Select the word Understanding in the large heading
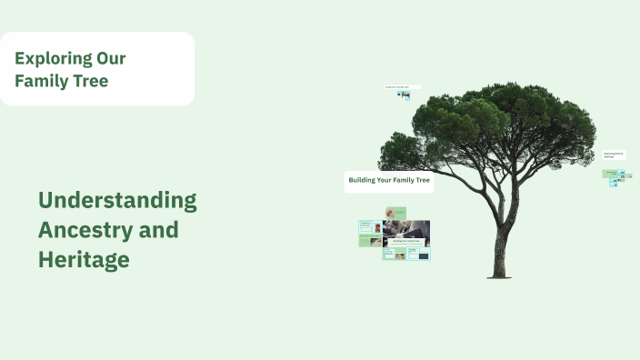click(117, 200)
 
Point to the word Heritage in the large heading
click(84, 260)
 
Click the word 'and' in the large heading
click(159, 230)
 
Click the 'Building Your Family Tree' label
click(389, 181)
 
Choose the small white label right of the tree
click(615, 155)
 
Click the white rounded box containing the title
click(97, 69)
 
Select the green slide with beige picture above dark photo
click(395, 213)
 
